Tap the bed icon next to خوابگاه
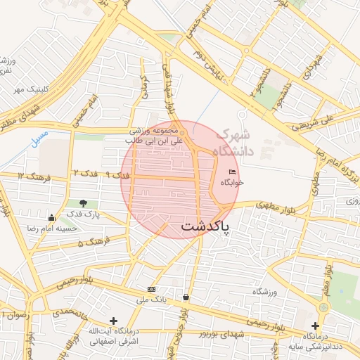pyautogui.click(x=232, y=173)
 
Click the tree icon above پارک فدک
pyautogui.click(x=84, y=203)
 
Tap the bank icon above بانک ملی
pyautogui.click(x=152, y=290)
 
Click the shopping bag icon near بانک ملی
pyautogui.click(x=186, y=297)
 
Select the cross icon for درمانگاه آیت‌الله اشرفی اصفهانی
pyautogui.click(x=113, y=321)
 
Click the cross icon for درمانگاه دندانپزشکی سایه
pyautogui.click(x=316, y=326)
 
